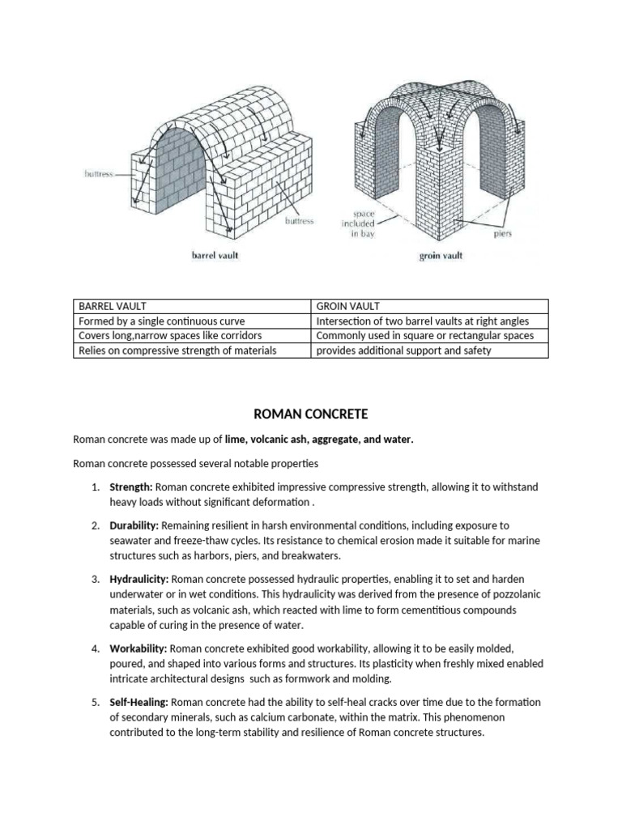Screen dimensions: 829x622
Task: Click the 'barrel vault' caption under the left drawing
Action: (215, 257)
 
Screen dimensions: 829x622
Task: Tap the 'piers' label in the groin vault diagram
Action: (502, 235)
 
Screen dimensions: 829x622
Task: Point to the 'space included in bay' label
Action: (366, 224)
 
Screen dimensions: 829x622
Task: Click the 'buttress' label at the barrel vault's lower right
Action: (299, 220)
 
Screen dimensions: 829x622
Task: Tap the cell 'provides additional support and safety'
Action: (403, 351)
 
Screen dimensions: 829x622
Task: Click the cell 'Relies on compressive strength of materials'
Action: (177, 351)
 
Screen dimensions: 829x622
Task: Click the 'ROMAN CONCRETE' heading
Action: (310, 414)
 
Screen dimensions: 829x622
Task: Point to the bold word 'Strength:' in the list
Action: (131, 487)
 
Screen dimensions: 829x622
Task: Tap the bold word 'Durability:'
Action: (135, 525)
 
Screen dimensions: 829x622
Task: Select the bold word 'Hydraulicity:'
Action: (139, 580)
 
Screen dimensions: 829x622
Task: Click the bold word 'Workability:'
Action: (138, 649)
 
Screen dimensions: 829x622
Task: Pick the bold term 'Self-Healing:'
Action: (140, 703)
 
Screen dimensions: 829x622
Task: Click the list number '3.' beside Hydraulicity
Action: (95, 580)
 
